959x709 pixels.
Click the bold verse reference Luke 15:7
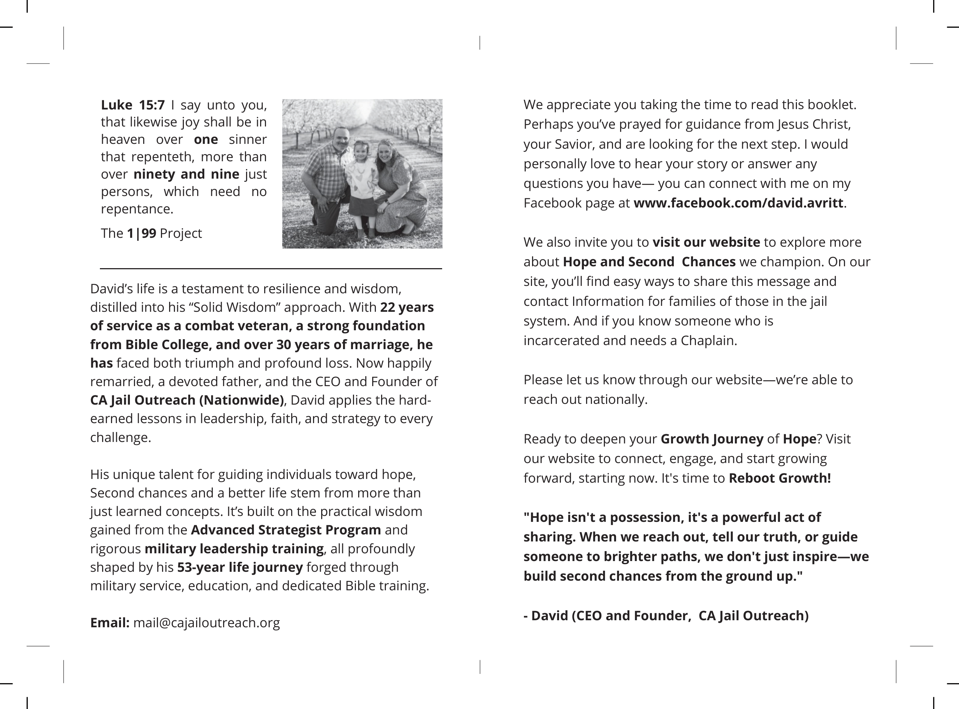[x=133, y=105]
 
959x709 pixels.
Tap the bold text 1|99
[x=141, y=233]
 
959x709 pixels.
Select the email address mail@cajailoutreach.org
[x=206, y=623]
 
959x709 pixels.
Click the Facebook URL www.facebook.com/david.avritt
[x=738, y=203]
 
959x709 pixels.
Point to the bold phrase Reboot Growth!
[x=780, y=478]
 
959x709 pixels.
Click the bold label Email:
[x=110, y=623]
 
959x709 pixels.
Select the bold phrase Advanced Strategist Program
[x=286, y=530]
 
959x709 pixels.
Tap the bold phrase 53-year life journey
[x=240, y=567]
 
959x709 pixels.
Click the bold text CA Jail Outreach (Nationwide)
[x=187, y=400]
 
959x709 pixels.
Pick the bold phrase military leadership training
[x=234, y=549]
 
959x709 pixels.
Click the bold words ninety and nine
[x=186, y=174]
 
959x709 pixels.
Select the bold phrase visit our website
[x=706, y=242]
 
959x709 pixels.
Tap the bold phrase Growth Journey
[x=712, y=439]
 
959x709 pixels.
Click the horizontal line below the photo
[x=271, y=269]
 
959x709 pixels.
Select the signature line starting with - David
[x=666, y=616]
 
